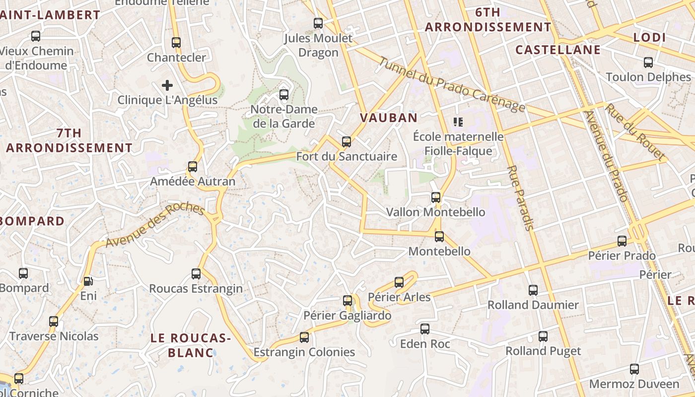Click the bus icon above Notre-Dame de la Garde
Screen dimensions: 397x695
click(x=284, y=94)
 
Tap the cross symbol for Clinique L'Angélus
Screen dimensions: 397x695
click(x=167, y=85)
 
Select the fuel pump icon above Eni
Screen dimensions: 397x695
click(x=88, y=281)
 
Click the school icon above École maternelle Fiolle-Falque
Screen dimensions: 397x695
click(x=458, y=122)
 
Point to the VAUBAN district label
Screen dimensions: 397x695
click(x=389, y=118)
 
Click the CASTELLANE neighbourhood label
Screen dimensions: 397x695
click(x=558, y=50)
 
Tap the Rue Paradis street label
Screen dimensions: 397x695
click(x=520, y=198)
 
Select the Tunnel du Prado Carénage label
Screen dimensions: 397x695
click(x=451, y=85)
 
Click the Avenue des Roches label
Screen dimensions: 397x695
click(x=155, y=226)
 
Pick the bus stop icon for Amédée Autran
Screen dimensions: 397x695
click(x=193, y=167)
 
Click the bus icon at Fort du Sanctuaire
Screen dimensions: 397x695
click(x=347, y=142)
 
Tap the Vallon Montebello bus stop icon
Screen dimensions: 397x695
click(x=436, y=198)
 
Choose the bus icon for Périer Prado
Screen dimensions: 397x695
click(x=622, y=241)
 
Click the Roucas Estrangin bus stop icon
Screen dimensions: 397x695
click(x=196, y=274)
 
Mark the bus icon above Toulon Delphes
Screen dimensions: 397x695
click(x=648, y=63)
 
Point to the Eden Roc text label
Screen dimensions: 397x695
click(x=425, y=344)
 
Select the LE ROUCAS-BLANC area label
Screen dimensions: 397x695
click(x=191, y=345)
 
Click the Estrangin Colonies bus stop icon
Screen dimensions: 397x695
click(x=304, y=338)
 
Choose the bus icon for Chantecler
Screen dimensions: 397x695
click(x=176, y=43)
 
